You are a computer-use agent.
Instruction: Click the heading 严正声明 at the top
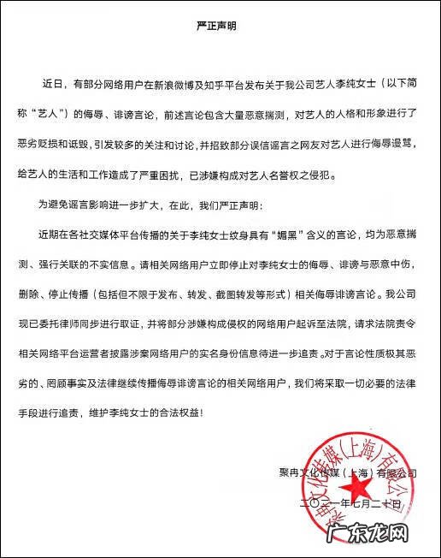[x=220, y=26]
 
